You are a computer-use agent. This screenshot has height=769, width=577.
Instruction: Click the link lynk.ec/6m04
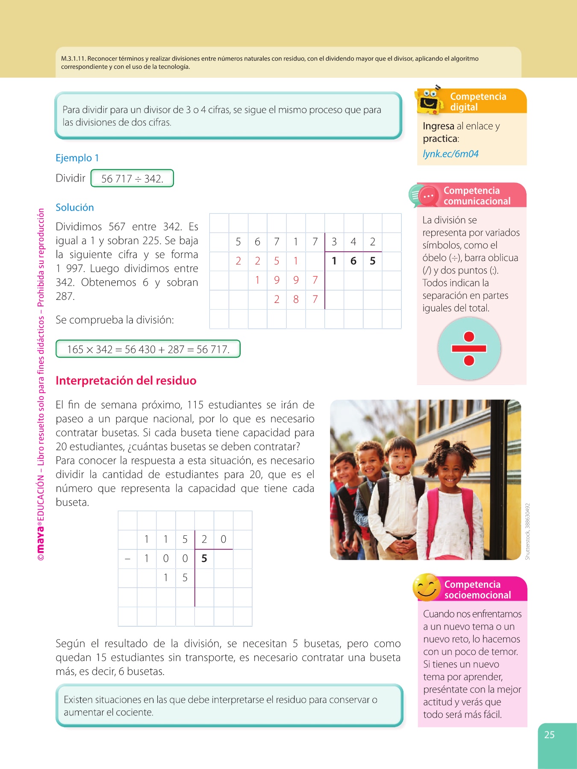450,154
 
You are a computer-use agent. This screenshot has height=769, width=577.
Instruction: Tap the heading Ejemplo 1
77,158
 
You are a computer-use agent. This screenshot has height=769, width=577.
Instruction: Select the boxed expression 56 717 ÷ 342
132,179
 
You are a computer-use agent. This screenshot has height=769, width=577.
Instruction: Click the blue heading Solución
75,208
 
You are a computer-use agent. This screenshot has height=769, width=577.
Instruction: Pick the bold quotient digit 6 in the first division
353,261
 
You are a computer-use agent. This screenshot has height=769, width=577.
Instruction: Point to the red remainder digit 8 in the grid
296,299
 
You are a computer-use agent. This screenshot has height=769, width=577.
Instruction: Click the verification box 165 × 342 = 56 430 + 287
148,349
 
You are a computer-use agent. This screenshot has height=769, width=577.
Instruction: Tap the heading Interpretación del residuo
126,381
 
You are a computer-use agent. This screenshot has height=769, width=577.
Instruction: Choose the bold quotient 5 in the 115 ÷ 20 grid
204,558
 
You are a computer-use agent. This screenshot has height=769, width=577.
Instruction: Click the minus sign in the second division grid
127,558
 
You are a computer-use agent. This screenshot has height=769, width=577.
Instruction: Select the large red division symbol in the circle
469,349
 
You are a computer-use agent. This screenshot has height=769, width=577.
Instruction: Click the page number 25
549,735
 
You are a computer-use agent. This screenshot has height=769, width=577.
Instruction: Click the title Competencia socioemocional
477,590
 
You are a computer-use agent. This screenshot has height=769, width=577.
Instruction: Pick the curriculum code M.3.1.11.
74,59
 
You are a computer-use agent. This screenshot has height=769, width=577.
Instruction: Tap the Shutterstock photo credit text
527,531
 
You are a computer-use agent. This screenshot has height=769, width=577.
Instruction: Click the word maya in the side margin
41,538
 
